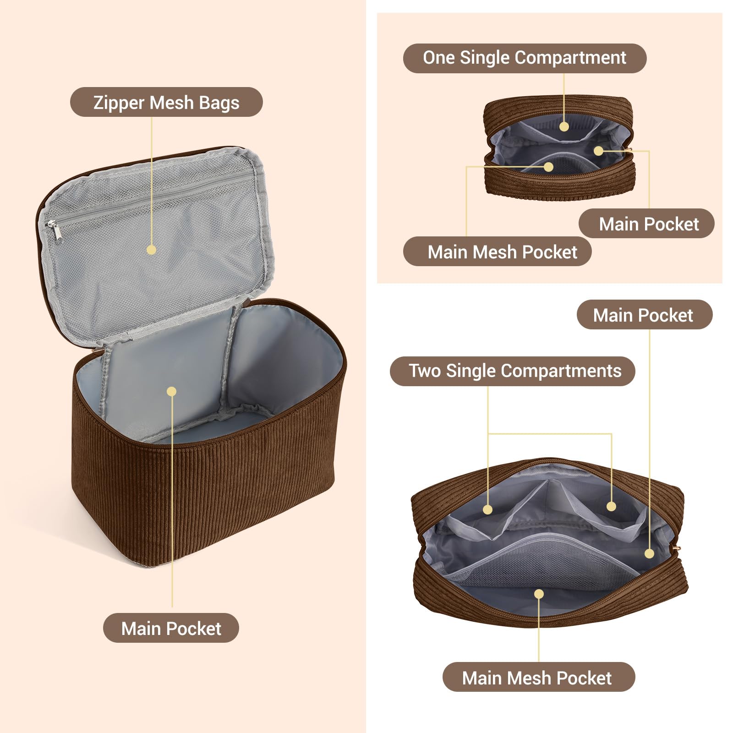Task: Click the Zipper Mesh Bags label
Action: point(166,102)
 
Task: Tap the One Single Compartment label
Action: point(525,58)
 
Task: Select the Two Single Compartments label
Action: point(513,371)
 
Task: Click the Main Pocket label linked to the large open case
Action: point(171,628)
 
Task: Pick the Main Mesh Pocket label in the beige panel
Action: point(498,252)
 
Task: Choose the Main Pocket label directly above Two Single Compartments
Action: point(645,315)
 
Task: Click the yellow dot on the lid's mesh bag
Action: point(152,250)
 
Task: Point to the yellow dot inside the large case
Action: point(172,391)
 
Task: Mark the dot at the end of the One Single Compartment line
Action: point(564,126)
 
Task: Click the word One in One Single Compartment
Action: point(439,58)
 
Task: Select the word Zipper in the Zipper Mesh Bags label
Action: point(119,103)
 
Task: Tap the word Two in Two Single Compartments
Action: point(425,371)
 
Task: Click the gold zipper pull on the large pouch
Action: point(678,548)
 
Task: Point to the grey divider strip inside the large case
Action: point(229,357)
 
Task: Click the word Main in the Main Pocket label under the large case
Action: point(142,629)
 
